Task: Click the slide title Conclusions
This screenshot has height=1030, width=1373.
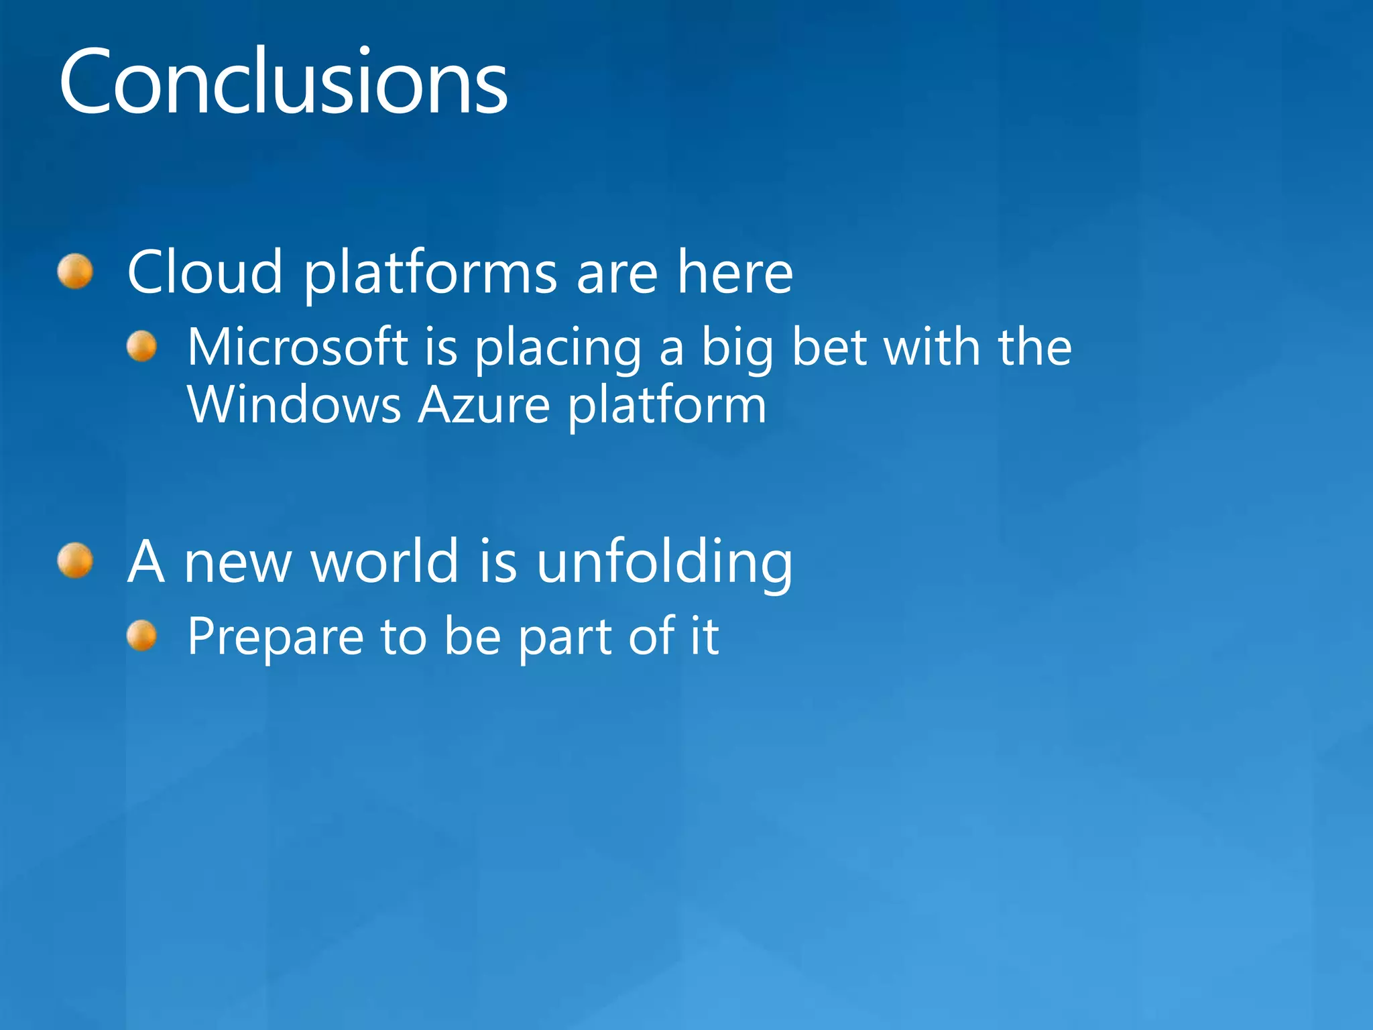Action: tap(283, 82)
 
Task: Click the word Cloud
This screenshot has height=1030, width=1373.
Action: tap(204, 272)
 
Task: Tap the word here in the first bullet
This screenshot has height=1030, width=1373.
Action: tap(735, 272)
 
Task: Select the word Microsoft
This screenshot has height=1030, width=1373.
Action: tap(298, 347)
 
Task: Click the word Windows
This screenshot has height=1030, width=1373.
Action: tap(294, 405)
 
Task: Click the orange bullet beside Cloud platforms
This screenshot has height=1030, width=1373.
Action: tap(75, 272)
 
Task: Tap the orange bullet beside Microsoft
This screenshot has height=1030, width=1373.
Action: tap(141, 347)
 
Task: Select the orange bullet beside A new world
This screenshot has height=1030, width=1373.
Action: tap(75, 561)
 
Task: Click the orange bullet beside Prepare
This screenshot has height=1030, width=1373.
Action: tap(141, 636)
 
